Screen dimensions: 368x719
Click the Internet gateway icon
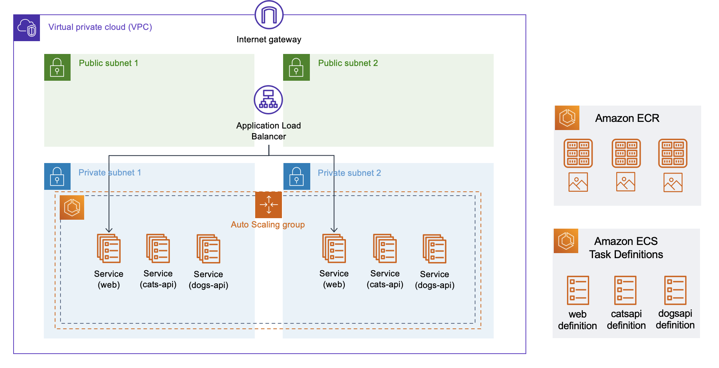[x=269, y=15]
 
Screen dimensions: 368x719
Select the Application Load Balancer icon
[x=268, y=100]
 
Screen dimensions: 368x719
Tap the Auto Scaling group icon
[x=268, y=205]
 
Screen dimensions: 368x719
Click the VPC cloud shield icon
[x=27, y=28]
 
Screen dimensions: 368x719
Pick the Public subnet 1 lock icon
[x=57, y=67]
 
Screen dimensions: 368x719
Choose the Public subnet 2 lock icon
[x=296, y=67]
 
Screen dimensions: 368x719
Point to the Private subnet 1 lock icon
[x=57, y=176]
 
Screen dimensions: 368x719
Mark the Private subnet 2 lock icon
[x=297, y=176]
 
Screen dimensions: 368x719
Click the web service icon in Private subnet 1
[x=109, y=248]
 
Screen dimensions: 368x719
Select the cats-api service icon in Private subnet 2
[x=385, y=248]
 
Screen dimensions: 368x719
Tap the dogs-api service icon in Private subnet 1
[x=208, y=249]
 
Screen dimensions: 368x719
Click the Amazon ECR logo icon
[x=567, y=118]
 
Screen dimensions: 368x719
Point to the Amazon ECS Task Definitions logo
[x=566, y=241]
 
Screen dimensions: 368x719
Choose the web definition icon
[x=578, y=290]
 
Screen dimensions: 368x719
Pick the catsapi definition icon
[x=626, y=290]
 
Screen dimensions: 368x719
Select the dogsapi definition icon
[x=675, y=290]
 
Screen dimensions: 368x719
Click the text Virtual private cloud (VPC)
[x=100, y=27]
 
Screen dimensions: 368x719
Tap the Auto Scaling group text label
[x=268, y=225]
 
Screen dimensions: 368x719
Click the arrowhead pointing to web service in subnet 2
[x=334, y=230]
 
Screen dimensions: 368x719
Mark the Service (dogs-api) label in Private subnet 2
[x=434, y=279]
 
